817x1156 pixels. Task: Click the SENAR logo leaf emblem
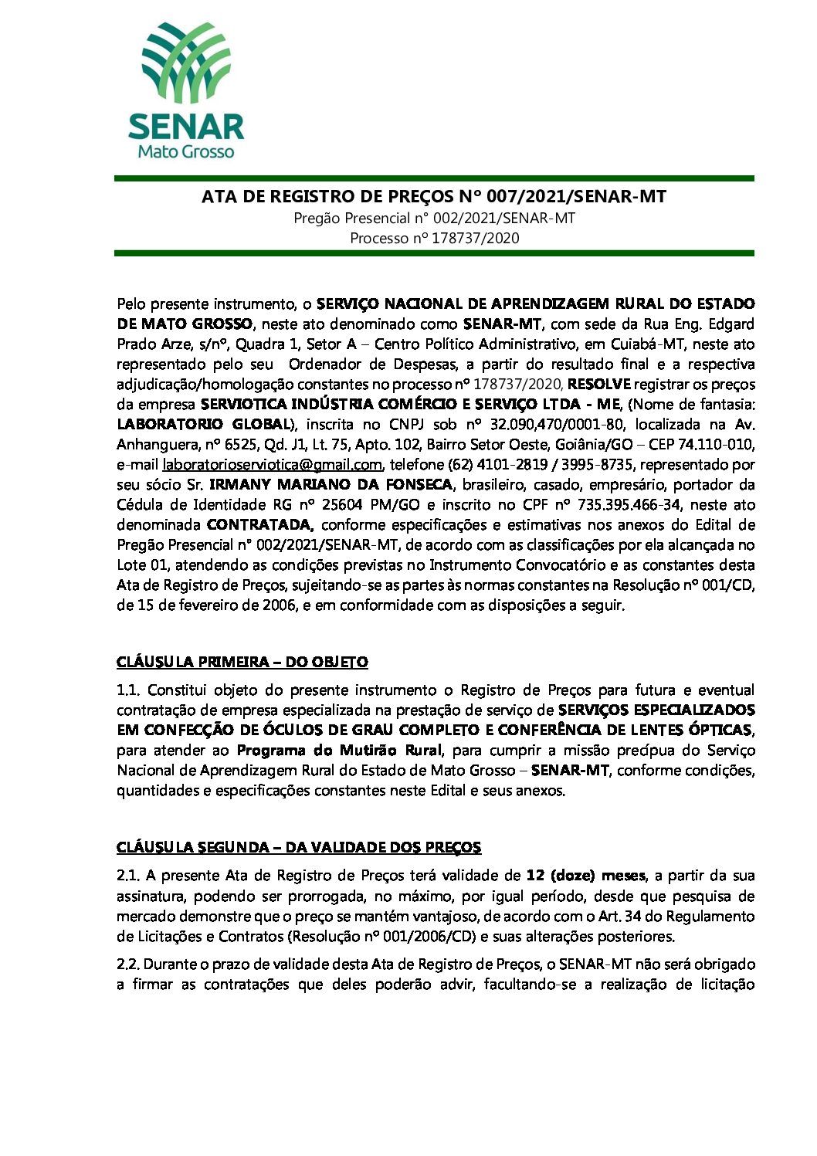point(186,63)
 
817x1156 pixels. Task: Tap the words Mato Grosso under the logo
point(185,152)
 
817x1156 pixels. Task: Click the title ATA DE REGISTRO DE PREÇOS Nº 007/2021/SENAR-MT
point(433,197)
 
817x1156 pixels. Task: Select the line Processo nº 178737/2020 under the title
point(434,239)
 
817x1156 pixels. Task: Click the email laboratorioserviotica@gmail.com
point(272,465)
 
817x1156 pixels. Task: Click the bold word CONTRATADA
point(259,525)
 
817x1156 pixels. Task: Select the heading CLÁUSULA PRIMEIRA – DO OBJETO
point(242,663)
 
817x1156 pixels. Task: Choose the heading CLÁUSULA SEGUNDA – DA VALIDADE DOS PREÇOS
point(298,848)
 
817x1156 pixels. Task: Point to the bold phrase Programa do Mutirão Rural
point(339,751)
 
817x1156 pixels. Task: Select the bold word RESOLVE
point(599,385)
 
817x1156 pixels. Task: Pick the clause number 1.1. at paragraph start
point(128,690)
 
